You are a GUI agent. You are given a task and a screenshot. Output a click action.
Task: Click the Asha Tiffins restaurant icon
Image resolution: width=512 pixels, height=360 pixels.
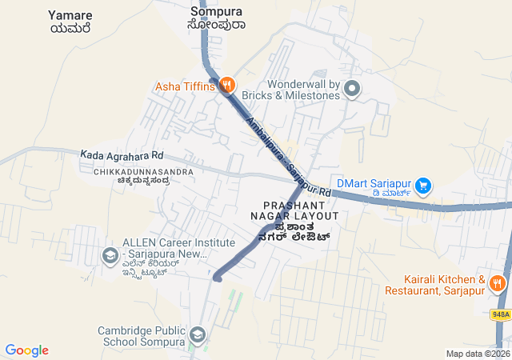(x=227, y=84)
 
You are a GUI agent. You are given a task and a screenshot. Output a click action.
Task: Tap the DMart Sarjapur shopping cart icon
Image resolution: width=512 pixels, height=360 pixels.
(x=423, y=186)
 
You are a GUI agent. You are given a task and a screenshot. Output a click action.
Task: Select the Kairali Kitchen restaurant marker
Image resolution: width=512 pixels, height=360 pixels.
(x=497, y=282)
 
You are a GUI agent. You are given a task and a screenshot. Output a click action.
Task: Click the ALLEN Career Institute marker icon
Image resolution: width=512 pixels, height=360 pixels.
(x=110, y=255)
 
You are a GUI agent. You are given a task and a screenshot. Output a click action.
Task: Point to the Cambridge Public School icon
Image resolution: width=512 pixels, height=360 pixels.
(x=197, y=334)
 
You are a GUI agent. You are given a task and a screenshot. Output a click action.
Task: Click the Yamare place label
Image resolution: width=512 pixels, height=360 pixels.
(x=70, y=22)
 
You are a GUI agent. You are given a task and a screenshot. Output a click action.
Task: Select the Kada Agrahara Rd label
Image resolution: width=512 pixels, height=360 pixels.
(x=122, y=154)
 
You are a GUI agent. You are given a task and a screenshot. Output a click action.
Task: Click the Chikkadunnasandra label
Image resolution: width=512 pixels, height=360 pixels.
(x=142, y=176)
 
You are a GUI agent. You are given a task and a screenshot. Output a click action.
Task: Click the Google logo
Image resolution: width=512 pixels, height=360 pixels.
(x=26, y=350)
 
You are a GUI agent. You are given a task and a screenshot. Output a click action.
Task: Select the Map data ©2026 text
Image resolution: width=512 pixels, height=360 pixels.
(x=477, y=354)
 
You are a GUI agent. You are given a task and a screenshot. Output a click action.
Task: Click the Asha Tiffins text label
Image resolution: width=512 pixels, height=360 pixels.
(x=185, y=86)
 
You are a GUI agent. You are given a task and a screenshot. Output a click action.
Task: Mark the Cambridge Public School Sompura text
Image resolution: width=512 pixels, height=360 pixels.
(x=141, y=336)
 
